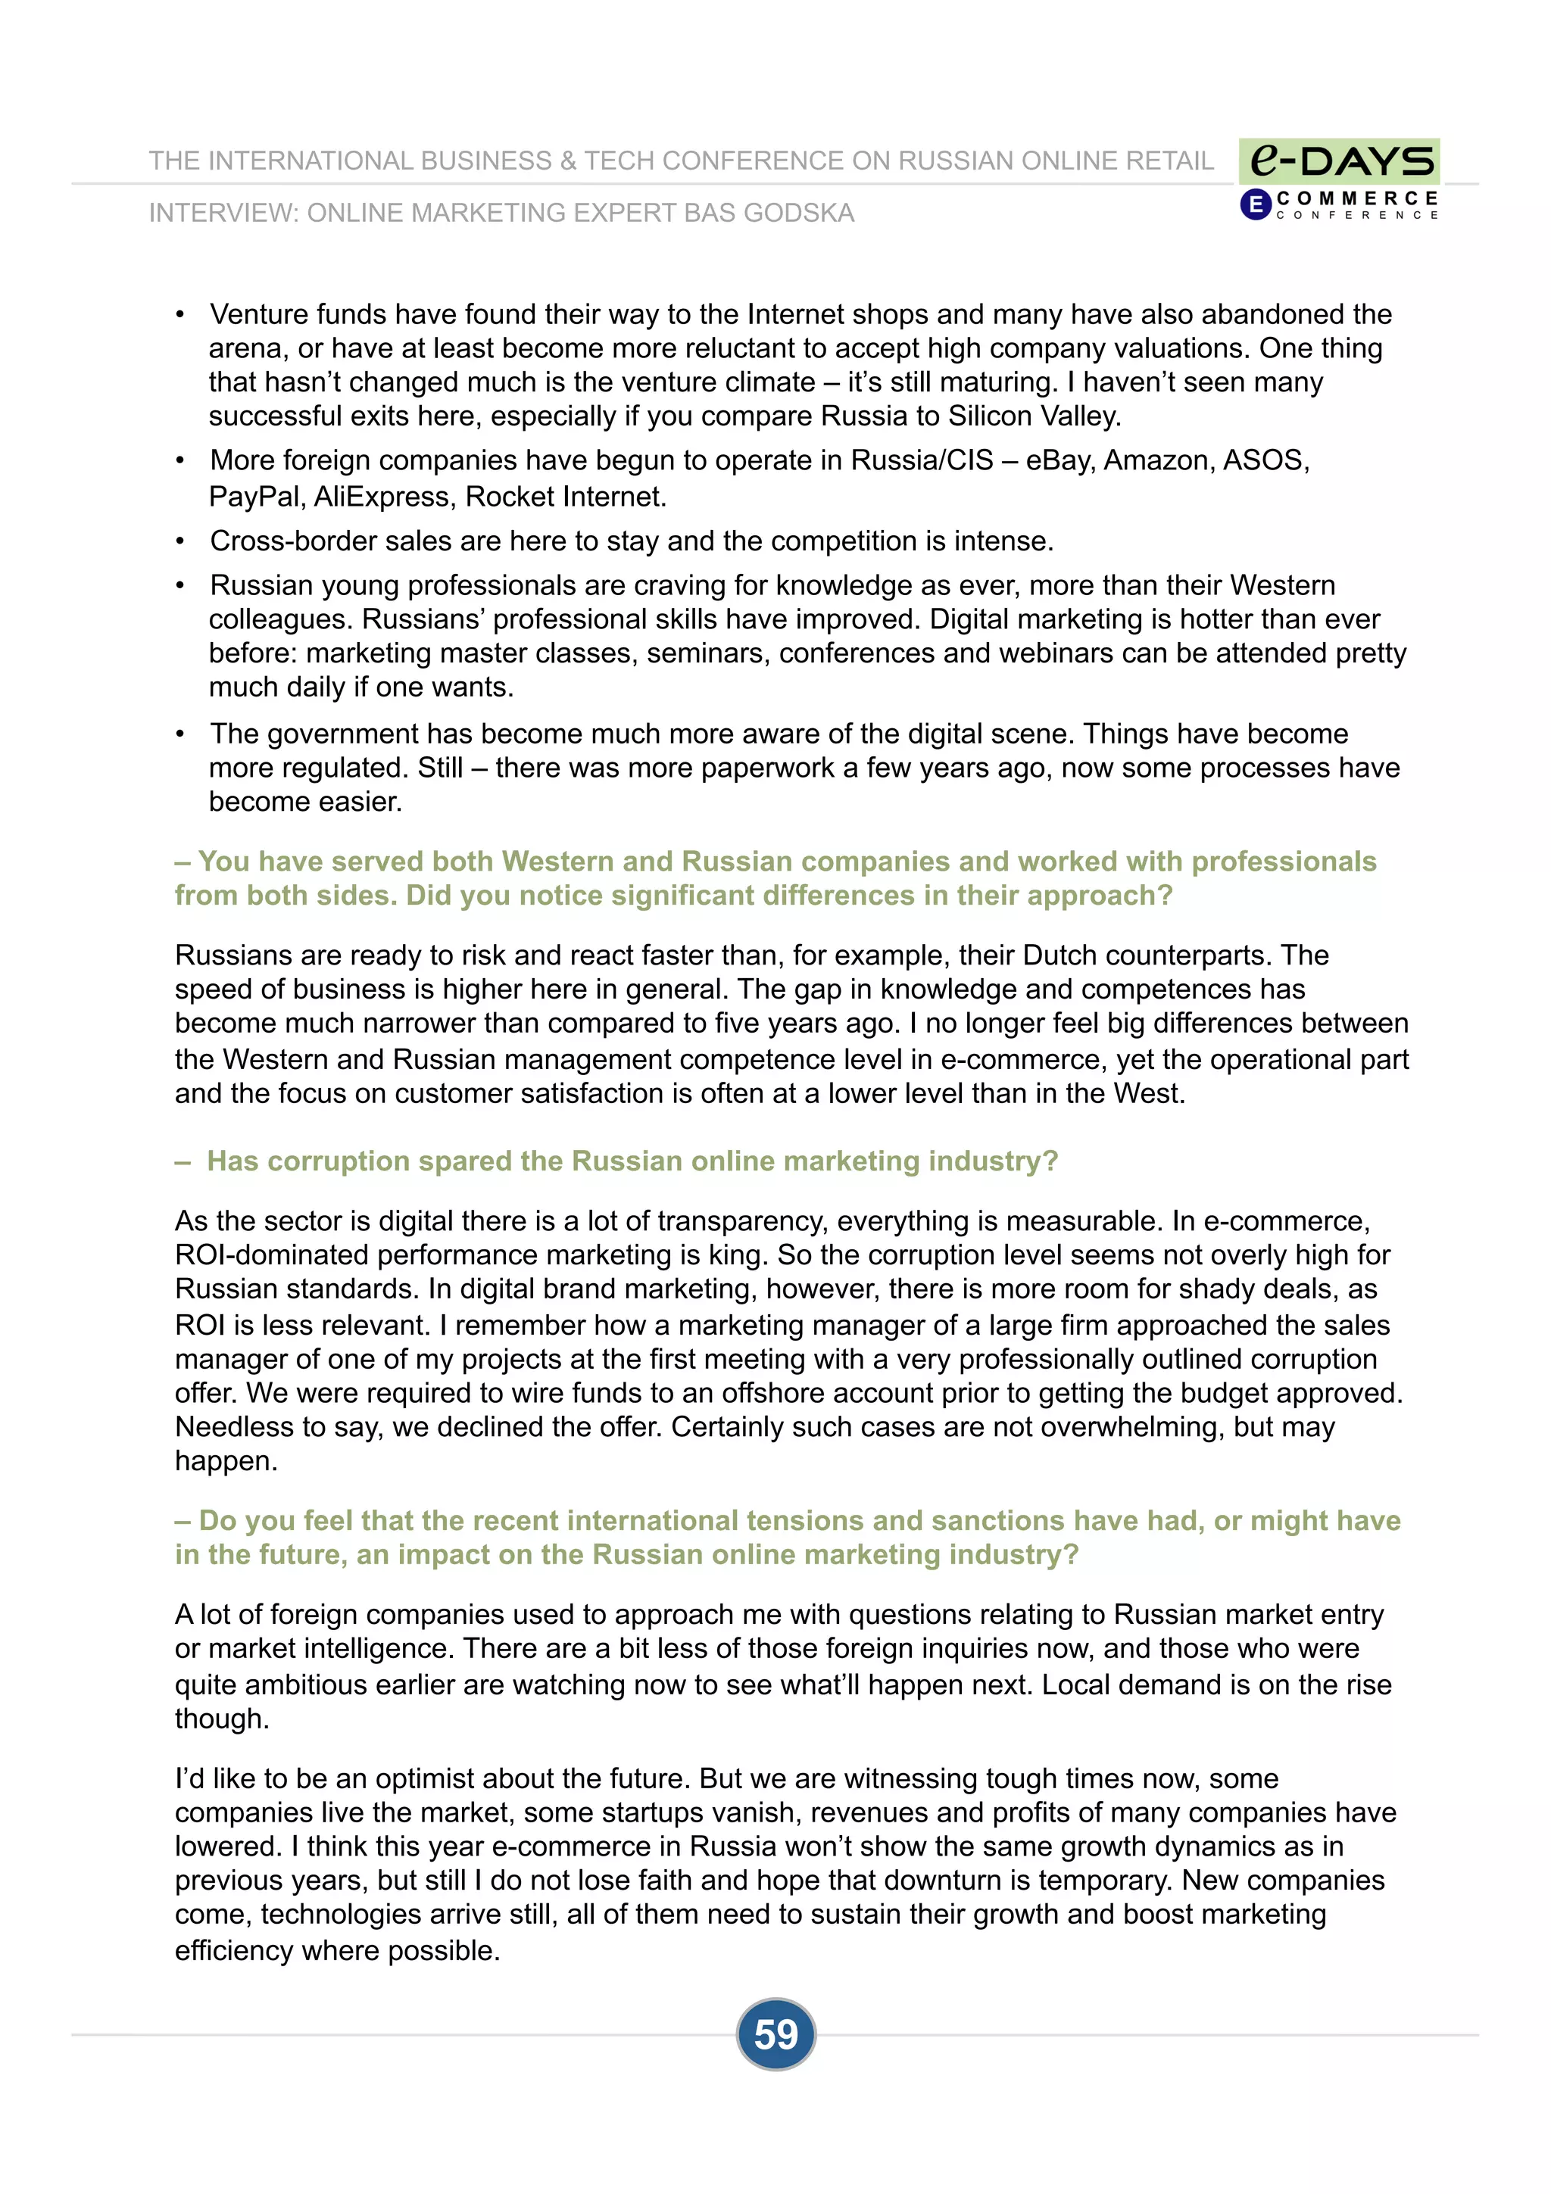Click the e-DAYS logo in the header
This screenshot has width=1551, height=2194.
(x=1340, y=160)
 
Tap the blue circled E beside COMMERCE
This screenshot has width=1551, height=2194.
(x=1255, y=204)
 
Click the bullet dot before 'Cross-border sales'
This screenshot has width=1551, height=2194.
(x=179, y=542)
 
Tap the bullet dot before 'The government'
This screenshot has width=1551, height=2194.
(x=179, y=735)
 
